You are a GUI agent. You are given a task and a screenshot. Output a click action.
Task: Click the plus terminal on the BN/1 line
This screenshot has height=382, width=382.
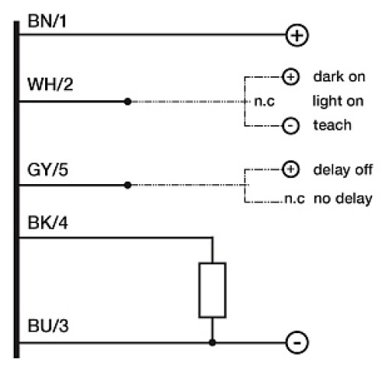tap(296, 34)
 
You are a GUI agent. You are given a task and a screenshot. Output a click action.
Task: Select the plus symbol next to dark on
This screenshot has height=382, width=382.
tap(290, 76)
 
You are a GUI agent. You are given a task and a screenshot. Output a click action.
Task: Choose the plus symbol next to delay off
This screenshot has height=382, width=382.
tap(290, 169)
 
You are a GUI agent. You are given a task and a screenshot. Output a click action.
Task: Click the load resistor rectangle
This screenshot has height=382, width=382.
tap(212, 290)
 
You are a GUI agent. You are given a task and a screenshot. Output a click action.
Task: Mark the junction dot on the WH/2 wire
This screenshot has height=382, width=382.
tap(128, 101)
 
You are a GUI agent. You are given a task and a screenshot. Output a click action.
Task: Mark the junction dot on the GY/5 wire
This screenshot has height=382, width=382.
tap(128, 185)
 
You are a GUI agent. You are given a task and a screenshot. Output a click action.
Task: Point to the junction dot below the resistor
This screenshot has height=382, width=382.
tap(212, 343)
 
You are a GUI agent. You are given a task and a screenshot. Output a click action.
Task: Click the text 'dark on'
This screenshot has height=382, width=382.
tap(335, 76)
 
